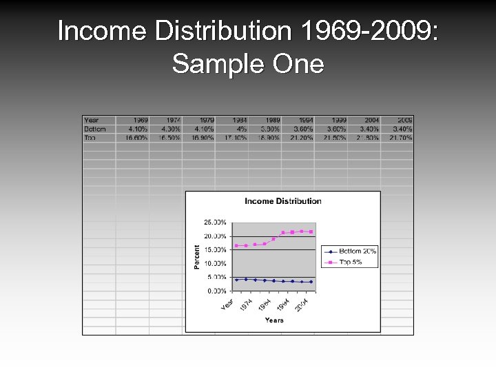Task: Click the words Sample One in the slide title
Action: tap(247, 64)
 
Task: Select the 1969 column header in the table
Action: tap(140, 120)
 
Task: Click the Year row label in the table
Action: tap(92, 120)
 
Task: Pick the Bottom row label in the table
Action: tap(95, 129)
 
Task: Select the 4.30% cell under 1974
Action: tap(170, 129)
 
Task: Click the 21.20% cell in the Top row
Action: tap(301, 138)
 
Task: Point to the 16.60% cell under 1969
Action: tap(136, 138)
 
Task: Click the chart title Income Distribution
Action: tap(283, 201)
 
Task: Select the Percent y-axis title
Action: tap(197, 257)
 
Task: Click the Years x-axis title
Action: tap(273, 320)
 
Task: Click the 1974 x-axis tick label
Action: tap(246, 303)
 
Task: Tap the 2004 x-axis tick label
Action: tap(302, 304)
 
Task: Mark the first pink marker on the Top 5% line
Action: tap(236, 245)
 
